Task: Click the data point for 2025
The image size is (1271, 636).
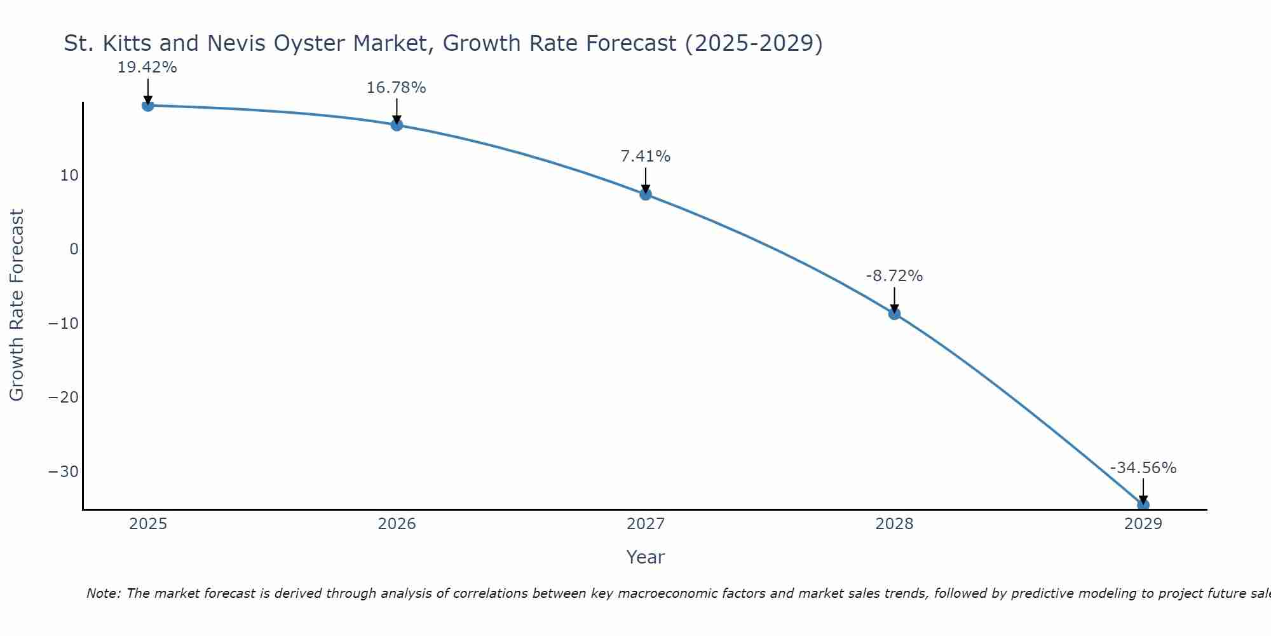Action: (x=148, y=106)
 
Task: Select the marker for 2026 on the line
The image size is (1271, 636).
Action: (x=397, y=125)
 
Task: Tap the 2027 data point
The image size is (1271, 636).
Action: (x=646, y=194)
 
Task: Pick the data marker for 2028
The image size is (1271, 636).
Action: (x=894, y=314)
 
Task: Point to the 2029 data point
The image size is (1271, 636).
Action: (x=1143, y=505)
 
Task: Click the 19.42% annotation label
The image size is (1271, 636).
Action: (x=147, y=67)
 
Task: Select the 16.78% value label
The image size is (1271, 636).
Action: (x=396, y=88)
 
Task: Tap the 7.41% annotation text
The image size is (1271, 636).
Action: (x=645, y=156)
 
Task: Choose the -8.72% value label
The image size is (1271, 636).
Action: (x=894, y=276)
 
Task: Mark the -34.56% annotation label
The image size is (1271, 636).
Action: (x=1143, y=468)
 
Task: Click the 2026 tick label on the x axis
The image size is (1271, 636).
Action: (x=397, y=524)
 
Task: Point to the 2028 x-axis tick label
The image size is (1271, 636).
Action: (x=894, y=524)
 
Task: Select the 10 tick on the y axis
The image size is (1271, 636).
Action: (x=69, y=176)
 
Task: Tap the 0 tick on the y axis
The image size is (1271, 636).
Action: (x=74, y=249)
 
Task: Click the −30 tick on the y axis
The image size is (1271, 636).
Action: (x=64, y=472)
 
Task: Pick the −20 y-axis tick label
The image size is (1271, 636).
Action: (x=64, y=397)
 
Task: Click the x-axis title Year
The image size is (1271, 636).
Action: (x=645, y=557)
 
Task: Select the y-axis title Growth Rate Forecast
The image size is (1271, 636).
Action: (x=17, y=305)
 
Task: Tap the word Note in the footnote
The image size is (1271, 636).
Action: (x=102, y=593)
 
